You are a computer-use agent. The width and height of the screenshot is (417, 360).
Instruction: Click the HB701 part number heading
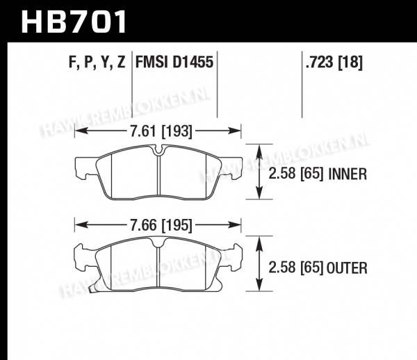(x=74, y=22)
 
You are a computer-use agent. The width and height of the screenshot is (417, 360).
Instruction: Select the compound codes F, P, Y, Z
(x=97, y=63)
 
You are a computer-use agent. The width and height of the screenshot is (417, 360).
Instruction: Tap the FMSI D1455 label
(x=174, y=63)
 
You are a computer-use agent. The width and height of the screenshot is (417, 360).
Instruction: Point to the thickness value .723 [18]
(x=334, y=63)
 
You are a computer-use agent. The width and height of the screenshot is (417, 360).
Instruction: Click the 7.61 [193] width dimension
(x=161, y=131)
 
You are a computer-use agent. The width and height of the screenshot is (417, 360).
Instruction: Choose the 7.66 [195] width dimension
(x=161, y=225)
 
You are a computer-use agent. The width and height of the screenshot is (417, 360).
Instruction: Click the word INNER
(x=347, y=174)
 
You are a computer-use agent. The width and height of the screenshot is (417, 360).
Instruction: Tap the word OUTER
(x=347, y=268)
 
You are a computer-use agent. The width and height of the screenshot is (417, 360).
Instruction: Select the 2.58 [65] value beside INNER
(x=296, y=174)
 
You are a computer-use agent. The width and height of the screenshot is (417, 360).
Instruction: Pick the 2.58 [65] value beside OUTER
(x=296, y=268)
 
